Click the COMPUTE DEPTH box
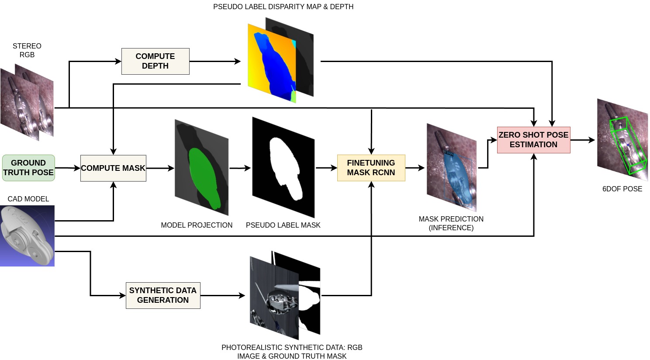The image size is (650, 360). [155, 61]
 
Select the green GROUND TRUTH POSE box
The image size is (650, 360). [28, 168]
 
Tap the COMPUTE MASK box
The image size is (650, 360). [113, 168]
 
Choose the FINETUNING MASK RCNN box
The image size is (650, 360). [371, 168]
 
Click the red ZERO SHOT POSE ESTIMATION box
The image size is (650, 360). [533, 140]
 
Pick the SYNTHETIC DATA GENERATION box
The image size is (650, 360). [163, 295]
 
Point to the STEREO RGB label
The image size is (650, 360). [27, 50]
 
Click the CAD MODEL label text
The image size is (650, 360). [28, 199]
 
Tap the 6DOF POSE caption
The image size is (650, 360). [622, 189]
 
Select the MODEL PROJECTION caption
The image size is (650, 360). [197, 225]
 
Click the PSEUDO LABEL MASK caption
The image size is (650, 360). [283, 225]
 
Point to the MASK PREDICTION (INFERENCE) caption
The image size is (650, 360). [451, 223]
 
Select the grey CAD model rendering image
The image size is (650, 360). [27, 236]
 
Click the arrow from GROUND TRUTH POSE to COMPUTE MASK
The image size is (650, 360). [68, 168]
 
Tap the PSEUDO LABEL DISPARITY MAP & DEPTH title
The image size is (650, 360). [283, 7]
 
